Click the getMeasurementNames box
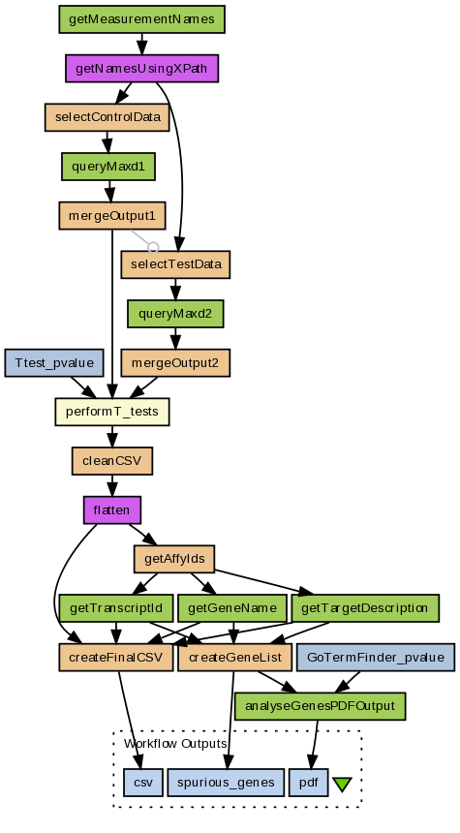click(x=141, y=19)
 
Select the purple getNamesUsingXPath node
click(x=141, y=69)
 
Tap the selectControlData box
click(x=107, y=117)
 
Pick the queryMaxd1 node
click(x=108, y=167)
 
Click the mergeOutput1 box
click(x=112, y=216)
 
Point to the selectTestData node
click(x=176, y=264)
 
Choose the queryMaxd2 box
click(x=175, y=314)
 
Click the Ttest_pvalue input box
click(x=54, y=363)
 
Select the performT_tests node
click(x=112, y=412)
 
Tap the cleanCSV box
click(x=112, y=461)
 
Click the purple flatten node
click(x=112, y=510)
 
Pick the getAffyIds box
click(x=174, y=559)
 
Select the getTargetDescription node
click(x=365, y=608)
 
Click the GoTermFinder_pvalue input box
click(x=376, y=657)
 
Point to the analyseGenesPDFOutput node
click(x=321, y=706)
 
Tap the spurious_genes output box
click(x=226, y=783)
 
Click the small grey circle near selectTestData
click(x=153, y=247)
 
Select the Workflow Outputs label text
click(x=175, y=743)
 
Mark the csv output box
click(x=143, y=783)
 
